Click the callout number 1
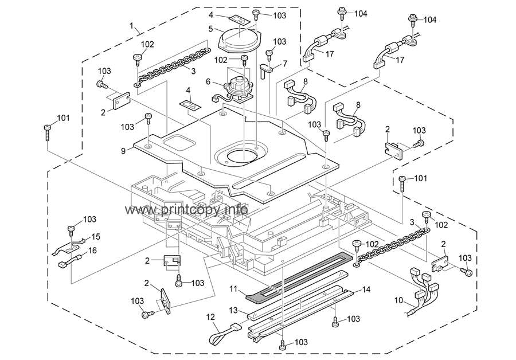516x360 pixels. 132,26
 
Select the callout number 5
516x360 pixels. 210,28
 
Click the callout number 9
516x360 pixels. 123,151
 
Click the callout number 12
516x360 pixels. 210,316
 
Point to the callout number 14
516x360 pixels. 366,290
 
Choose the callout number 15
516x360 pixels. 95,236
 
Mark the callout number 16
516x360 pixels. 92,250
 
